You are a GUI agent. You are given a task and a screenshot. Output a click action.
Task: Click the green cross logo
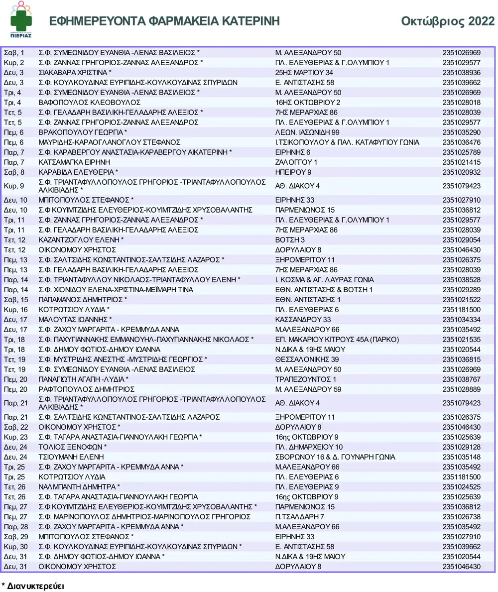pyautogui.click(x=21, y=20)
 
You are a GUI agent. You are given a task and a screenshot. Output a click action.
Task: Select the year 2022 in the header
pyautogui.click(x=480, y=21)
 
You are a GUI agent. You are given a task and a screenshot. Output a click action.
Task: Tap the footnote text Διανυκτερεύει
pyautogui.click(x=35, y=586)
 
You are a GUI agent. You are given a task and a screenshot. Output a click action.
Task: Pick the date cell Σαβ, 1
pyautogui.click(x=14, y=52)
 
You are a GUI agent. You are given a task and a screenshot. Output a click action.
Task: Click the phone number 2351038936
pyautogui.click(x=461, y=72)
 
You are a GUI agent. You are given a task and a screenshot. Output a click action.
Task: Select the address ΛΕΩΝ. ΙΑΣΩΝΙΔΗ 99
pyautogui.click(x=307, y=132)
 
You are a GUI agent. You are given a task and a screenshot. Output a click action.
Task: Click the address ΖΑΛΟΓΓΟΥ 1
pyautogui.click(x=296, y=162)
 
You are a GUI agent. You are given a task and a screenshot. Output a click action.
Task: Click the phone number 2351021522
pyautogui.click(x=461, y=299)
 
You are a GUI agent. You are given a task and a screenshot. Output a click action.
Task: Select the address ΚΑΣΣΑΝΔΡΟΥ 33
pyautogui.click(x=303, y=319)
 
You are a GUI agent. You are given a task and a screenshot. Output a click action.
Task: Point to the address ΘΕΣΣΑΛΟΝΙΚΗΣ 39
pyautogui.click(x=307, y=359)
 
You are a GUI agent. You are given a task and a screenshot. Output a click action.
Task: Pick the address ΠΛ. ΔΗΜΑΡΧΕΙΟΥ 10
pyautogui.click(x=309, y=447)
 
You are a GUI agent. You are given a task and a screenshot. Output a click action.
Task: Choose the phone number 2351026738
pyautogui.click(x=461, y=516)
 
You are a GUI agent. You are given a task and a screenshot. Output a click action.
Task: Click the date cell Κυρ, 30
pyautogui.click(x=15, y=546)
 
